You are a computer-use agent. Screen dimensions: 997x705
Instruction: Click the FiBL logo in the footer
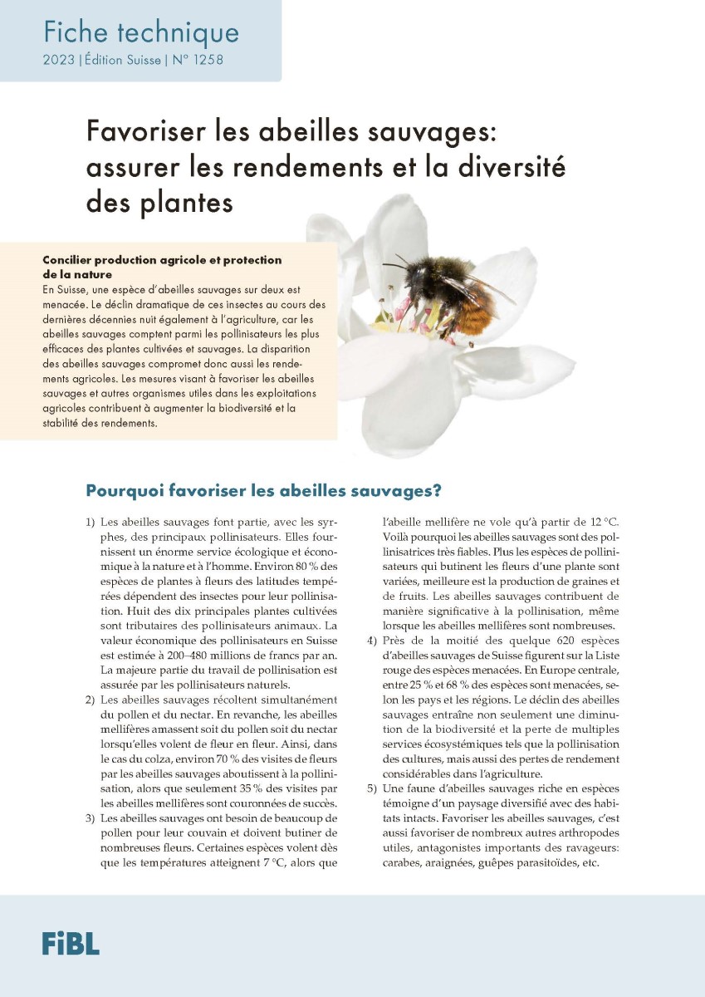[71, 943]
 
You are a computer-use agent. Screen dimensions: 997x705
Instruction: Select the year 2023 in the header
[58, 61]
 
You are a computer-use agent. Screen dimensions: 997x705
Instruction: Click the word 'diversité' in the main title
[512, 166]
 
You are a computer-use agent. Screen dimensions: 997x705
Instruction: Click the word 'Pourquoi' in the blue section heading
[125, 490]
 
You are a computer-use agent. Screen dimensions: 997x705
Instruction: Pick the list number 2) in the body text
[90, 701]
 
